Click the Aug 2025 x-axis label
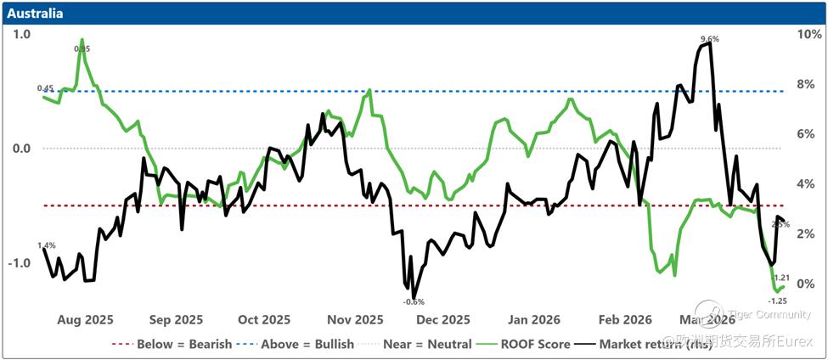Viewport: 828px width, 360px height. pyautogui.click(x=85, y=320)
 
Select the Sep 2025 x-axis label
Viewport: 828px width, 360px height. pyautogui.click(x=175, y=320)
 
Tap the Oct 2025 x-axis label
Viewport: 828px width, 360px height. pyautogui.click(x=263, y=320)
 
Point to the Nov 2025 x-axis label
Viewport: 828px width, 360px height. pyautogui.click(x=355, y=320)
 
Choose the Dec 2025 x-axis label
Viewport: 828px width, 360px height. pyautogui.click(x=443, y=320)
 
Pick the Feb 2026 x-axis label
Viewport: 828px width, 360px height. pyautogui.click(x=624, y=320)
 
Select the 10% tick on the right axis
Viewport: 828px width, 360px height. pyautogui.click(x=808, y=35)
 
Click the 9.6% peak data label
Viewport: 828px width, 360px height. pyautogui.click(x=710, y=39)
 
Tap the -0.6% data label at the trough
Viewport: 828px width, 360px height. pyautogui.click(x=414, y=301)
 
